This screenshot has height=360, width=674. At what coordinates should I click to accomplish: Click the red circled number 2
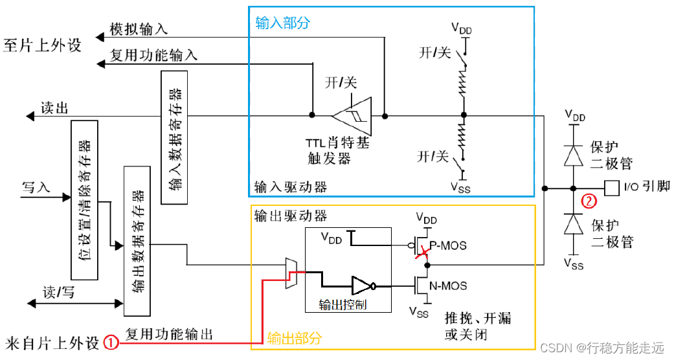point(588,201)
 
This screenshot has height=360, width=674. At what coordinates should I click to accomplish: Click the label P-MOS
point(448,246)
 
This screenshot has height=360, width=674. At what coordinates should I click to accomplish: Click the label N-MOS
point(448,285)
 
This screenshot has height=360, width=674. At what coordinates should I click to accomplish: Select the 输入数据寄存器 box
point(174,137)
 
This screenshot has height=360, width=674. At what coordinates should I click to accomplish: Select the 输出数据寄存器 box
point(137,236)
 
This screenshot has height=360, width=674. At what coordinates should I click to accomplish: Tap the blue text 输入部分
point(283,23)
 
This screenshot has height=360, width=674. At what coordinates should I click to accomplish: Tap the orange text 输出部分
point(294,338)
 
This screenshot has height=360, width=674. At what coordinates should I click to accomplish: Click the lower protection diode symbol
point(572,225)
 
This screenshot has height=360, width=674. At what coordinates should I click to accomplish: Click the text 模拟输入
point(139,29)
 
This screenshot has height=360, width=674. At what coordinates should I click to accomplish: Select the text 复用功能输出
point(169,335)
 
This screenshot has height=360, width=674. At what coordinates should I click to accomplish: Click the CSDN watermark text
point(601,348)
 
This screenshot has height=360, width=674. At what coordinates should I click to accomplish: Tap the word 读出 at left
point(54,108)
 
